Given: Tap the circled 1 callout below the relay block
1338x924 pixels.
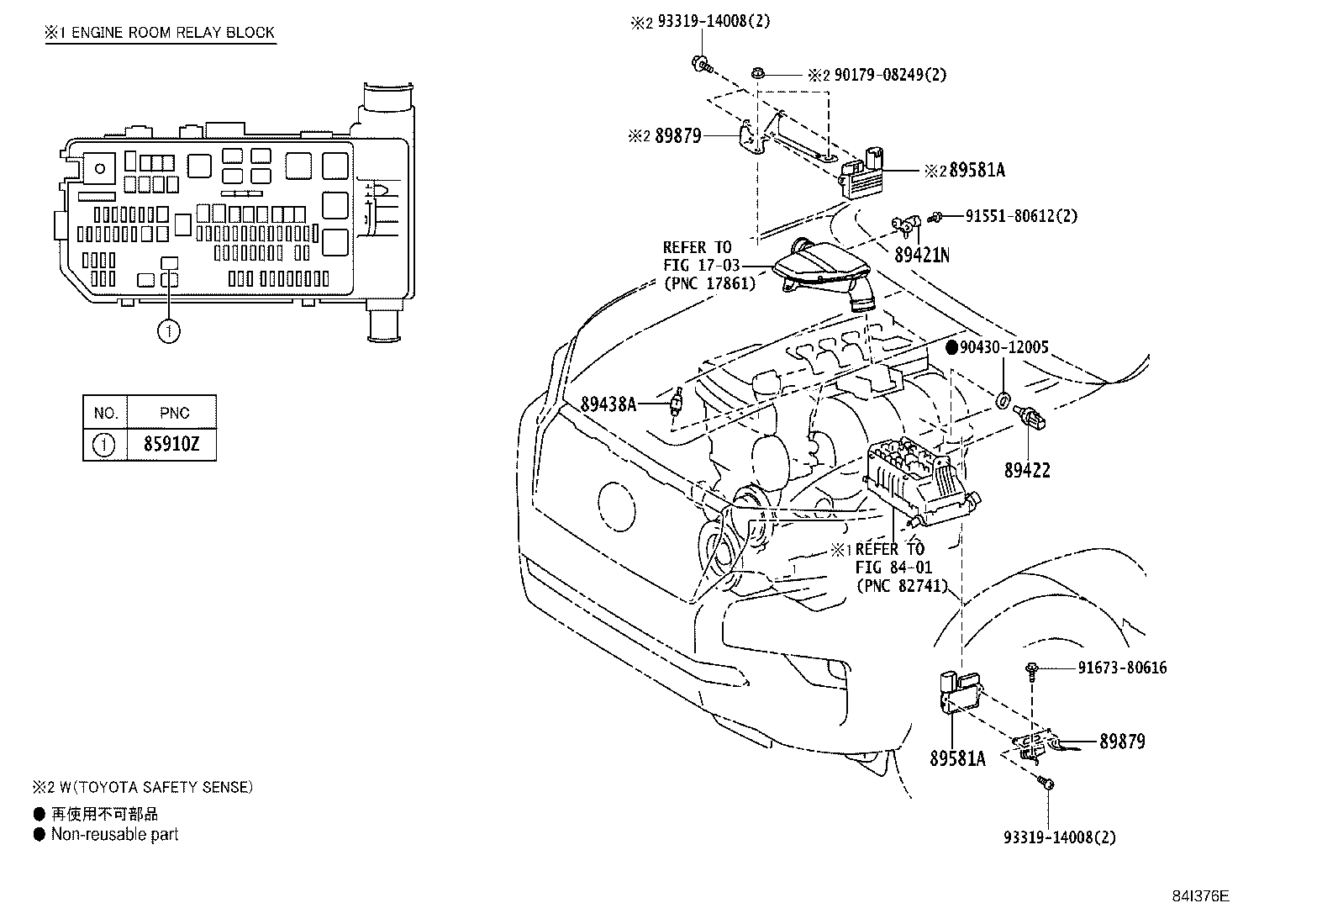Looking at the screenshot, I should tap(168, 332).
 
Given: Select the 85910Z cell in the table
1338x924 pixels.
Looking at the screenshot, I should tap(171, 444).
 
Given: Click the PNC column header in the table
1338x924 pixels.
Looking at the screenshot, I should tap(174, 413).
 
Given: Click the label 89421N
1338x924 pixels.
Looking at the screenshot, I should tap(921, 255).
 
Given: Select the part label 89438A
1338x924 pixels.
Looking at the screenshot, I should tap(608, 404).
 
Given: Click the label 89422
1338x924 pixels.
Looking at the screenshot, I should tap(1027, 471).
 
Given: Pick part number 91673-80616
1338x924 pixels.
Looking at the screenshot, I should tap(1122, 668).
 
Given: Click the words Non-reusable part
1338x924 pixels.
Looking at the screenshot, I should tap(114, 835).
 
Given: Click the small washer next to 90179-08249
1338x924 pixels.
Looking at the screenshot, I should tap(757, 75).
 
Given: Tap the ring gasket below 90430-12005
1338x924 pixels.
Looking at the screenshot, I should tap(1003, 399).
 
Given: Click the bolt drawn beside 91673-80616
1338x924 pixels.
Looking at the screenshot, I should tap(1031, 669).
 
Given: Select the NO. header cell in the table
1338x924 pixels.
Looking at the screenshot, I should tap(105, 413).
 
